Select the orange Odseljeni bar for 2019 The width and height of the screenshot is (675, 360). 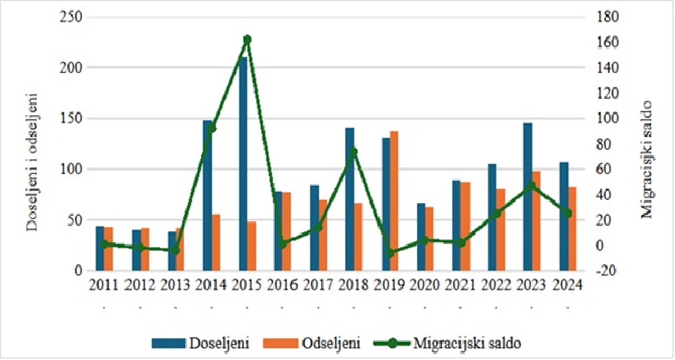pos(395,200)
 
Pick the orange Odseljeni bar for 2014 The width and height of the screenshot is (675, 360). pos(216,242)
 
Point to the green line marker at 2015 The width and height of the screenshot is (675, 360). pos(247,40)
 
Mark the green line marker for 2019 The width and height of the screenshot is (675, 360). pos(390,253)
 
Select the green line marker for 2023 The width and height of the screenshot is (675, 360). pos(532,186)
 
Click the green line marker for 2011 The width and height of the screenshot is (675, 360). pos(104,244)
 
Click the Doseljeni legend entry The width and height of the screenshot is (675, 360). pos(200,343)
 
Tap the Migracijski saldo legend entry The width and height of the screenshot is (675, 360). pos(448,343)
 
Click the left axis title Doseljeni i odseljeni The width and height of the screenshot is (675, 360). pos(33,161)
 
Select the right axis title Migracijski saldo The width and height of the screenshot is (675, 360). pos(648,158)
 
